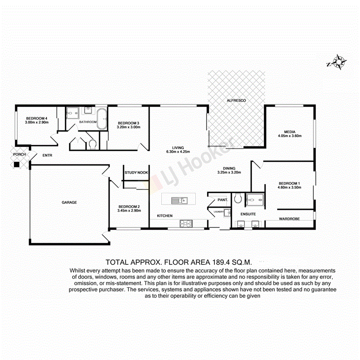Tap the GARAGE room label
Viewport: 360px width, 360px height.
[x=69, y=202]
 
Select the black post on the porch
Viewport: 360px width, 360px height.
[x=17, y=164]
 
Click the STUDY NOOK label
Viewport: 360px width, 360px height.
[x=136, y=173]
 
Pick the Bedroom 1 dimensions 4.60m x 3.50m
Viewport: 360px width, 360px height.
[x=289, y=188]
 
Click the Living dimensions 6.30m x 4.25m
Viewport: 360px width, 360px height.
[x=178, y=152]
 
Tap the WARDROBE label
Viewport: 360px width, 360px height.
[x=290, y=219]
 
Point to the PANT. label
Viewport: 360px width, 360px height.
[x=222, y=200]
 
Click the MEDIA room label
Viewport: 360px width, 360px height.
[x=289, y=131]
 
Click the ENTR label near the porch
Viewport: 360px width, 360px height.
[x=47, y=155]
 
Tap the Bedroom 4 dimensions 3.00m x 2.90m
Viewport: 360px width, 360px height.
[x=37, y=122]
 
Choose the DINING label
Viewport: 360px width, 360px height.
[x=229, y=168]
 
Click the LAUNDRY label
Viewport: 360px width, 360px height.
[x=218, y=212]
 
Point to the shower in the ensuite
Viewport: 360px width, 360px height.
[x=254, y=198]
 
